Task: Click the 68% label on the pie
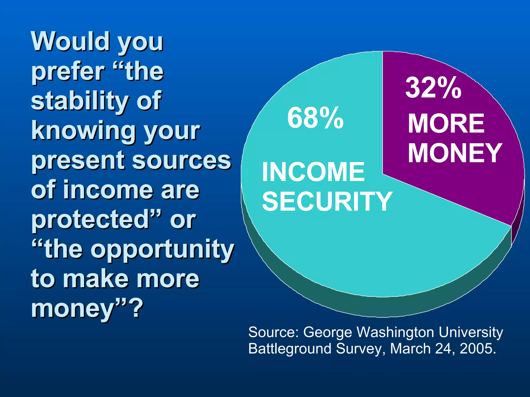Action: (315, 118)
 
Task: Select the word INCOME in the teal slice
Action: (313, 172)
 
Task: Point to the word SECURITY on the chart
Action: (327, 201)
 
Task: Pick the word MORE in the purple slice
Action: (446, 124)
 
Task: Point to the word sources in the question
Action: (181, 160)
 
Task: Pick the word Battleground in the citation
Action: (290, 349)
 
